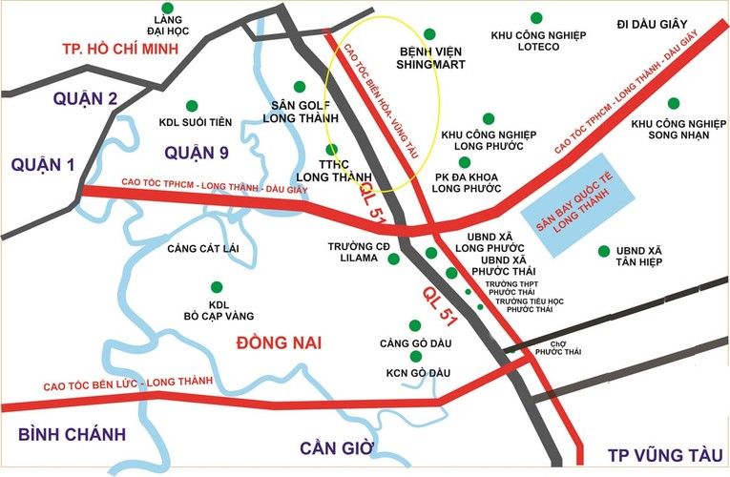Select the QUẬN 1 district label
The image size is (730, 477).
[x=43, y=165]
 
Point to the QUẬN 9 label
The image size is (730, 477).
[x=203, y=153]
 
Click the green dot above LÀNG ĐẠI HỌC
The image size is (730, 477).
[x=169, y=7]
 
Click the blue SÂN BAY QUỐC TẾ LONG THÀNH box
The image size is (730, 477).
[x=585, y=205]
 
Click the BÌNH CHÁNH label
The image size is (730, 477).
[x=72, y=435]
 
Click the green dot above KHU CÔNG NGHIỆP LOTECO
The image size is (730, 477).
[x=536, y=17]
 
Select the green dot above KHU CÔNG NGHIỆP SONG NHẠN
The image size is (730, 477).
[x=674, y=103]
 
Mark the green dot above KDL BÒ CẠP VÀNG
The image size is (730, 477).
[x=217, y=286]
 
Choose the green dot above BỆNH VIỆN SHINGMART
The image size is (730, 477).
[x=430, y=33]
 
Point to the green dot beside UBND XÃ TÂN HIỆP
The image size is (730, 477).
[x=602, y=251]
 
